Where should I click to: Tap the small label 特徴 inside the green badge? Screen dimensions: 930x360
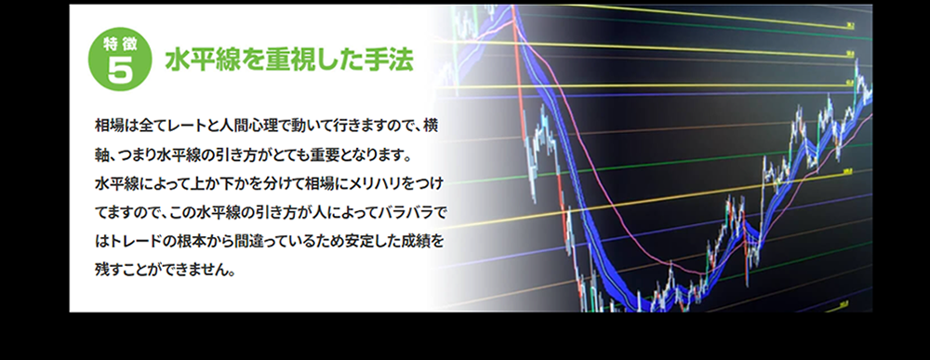120,44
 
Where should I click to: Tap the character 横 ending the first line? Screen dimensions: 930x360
432,126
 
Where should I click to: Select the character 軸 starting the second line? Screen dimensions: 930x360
101,154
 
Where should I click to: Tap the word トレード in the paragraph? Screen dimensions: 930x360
132,241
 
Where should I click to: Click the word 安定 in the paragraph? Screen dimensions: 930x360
353,241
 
